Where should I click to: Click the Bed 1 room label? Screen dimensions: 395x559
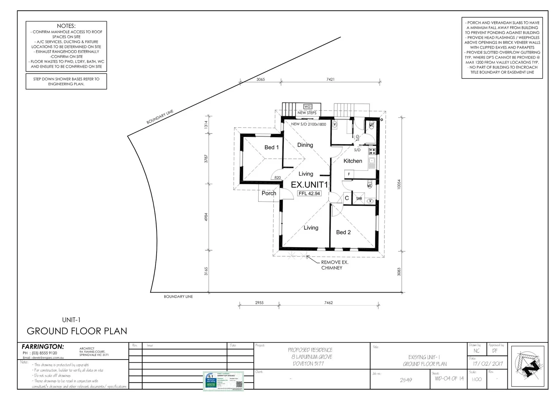pos(271,147)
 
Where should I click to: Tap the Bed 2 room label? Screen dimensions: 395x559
pos(343,232)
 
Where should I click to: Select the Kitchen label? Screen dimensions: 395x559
pos(353,161)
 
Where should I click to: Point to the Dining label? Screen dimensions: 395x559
pos(305,145)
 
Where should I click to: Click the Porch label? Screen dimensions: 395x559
pos(269,193)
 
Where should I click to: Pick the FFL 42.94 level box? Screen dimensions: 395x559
pos(309,193)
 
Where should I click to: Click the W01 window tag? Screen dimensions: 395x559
pos(308,107)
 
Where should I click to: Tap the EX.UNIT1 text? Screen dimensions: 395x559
pos(309,185)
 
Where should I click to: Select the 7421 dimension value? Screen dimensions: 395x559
pos(330,79)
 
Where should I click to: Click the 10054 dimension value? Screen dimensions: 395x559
pos(399,184)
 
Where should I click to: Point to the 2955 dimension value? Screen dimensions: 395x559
pos(259,303)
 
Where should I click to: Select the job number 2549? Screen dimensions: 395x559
pos(405,380)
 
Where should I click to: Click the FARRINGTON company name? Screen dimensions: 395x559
pos(43,347)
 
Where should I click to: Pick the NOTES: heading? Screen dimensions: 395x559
pos(66,26)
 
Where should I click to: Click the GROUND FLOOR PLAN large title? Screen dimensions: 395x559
pos(77,331)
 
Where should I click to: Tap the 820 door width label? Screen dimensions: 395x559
pos(277,178)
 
